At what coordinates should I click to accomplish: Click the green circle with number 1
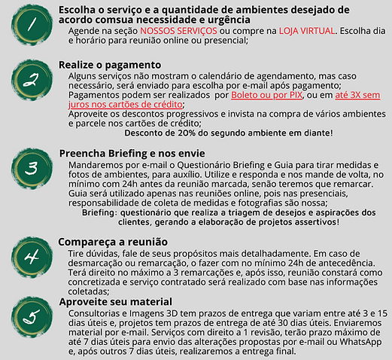point(32,25)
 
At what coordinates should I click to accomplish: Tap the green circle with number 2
point(32,79)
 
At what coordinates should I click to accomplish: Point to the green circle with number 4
point(32,258)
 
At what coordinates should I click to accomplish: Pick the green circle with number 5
point(32,316)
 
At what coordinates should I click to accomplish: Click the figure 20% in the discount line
point(208,133)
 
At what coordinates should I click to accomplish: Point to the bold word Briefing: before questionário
point(101,212)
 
